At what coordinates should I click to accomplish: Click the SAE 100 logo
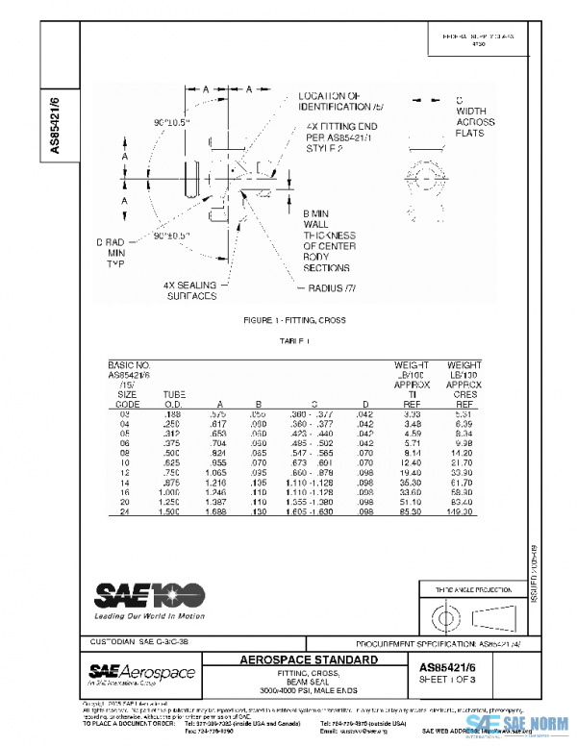149,597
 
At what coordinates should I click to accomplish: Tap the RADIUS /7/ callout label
333,287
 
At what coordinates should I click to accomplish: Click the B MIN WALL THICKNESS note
329,240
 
